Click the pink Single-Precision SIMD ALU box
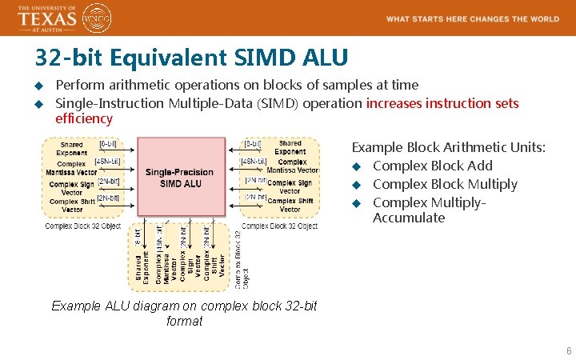click(x=180, y=177)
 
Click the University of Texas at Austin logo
click(x=48, y=18)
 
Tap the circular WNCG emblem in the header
click(x=98, y=18)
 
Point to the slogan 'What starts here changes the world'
click(x=473, y=19)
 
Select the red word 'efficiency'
click(x=84, y=119)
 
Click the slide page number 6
click(x=568, y=351)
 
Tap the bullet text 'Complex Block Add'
click(x=432, y=166)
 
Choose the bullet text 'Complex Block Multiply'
click(x=445, y=184)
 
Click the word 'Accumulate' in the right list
click(x=408, y=218)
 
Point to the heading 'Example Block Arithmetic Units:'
click(x=449, y=147)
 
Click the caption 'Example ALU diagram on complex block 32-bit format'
click(x=184, y=314)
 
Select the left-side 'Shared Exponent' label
click(x=71, y=149)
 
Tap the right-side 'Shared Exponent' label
click(x=290, y=148)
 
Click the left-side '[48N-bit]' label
click(x=107, y=162)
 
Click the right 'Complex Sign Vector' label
click(x=290, y=186)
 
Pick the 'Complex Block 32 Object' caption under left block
click(x=82, y=226)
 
